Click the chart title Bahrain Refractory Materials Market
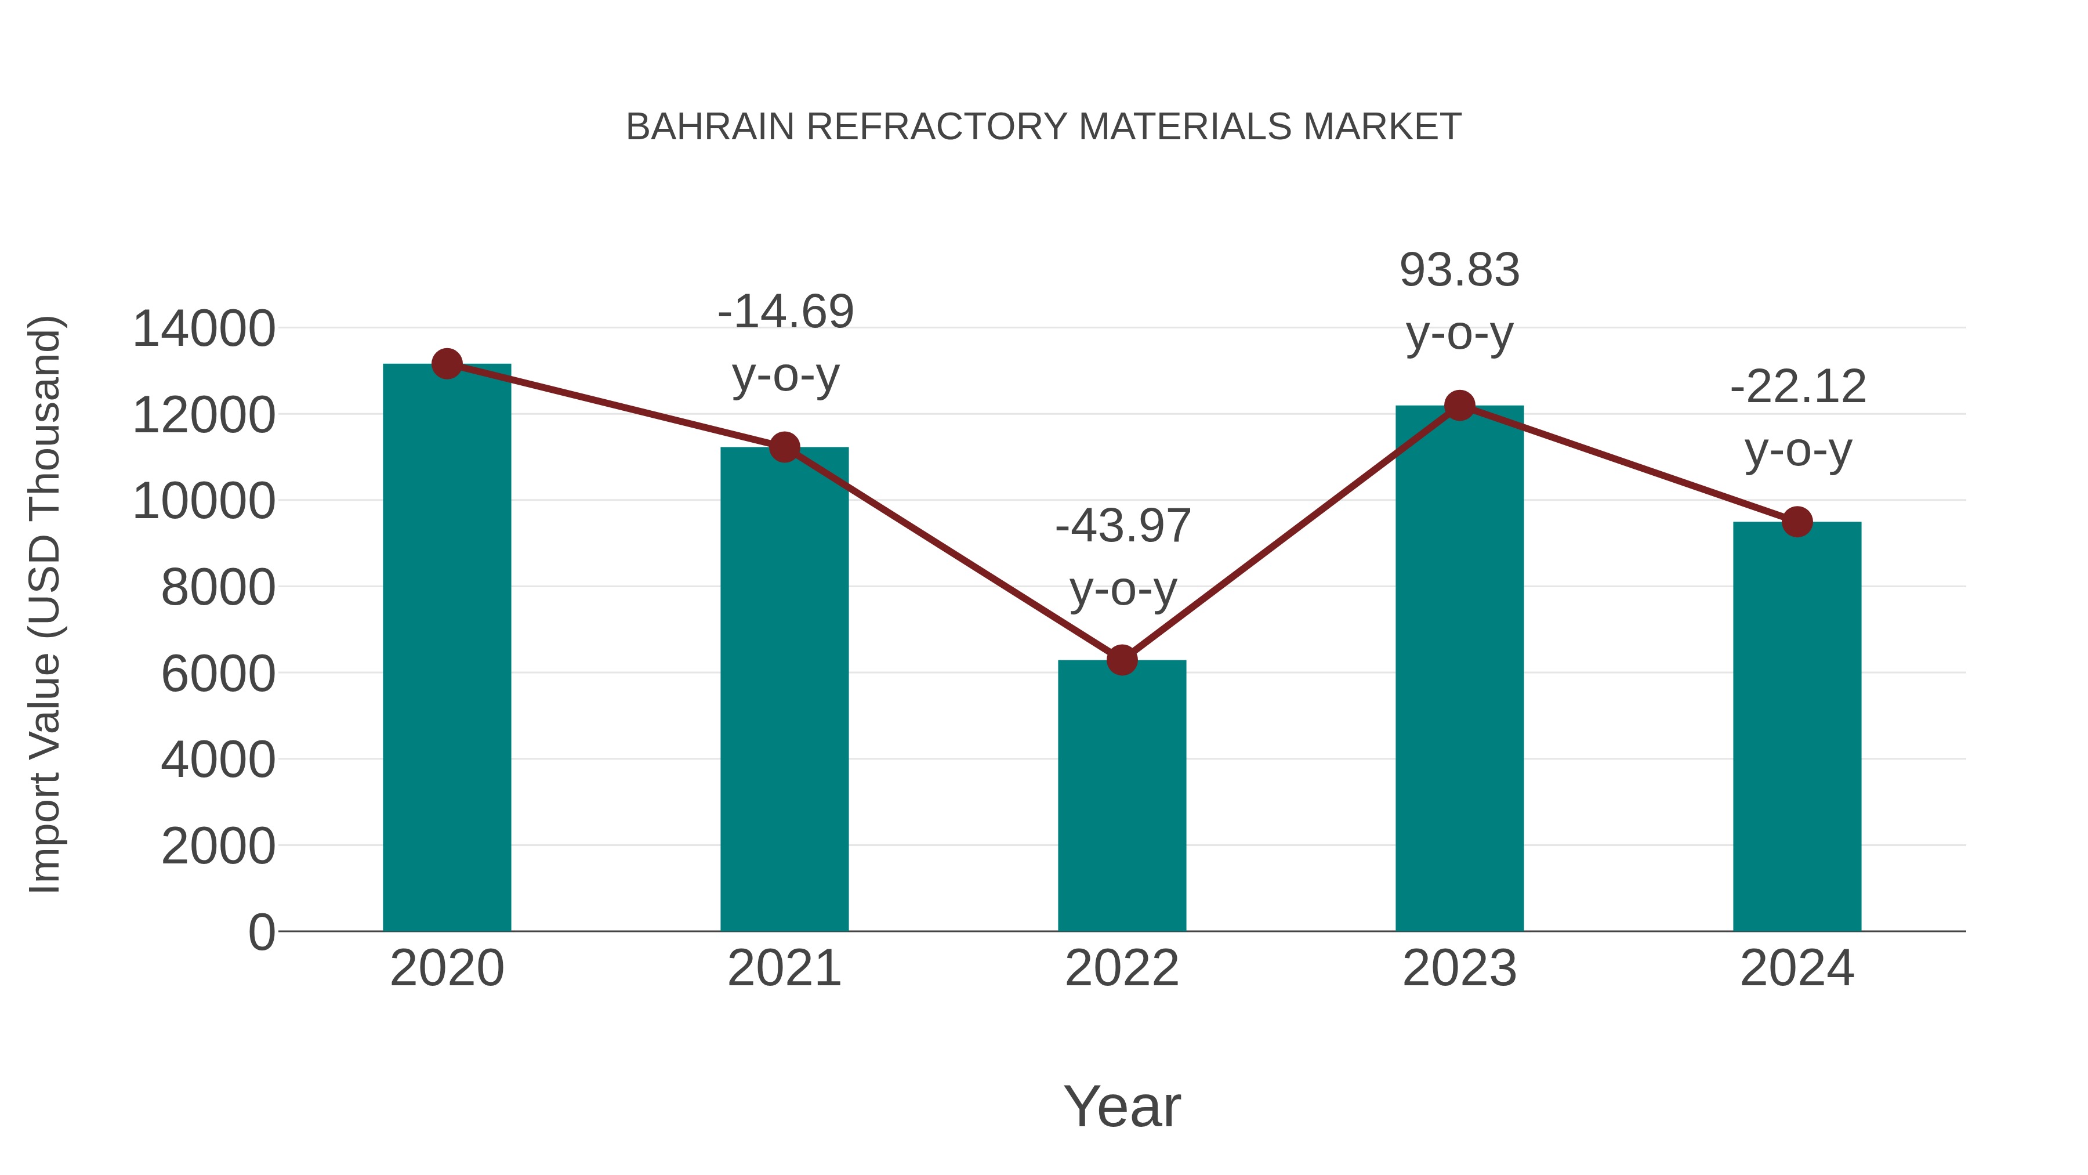1043,127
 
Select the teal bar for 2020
447,649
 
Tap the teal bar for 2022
1122,795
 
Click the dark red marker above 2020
447,364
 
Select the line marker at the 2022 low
1122,660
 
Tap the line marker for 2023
1460,406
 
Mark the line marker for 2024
1797,522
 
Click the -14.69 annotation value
785,312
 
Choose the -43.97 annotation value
1123,526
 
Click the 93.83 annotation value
1460,270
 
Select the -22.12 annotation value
1798,387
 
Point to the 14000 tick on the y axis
204,329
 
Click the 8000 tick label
218,587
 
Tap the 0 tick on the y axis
262,932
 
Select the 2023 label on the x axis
1460,968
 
